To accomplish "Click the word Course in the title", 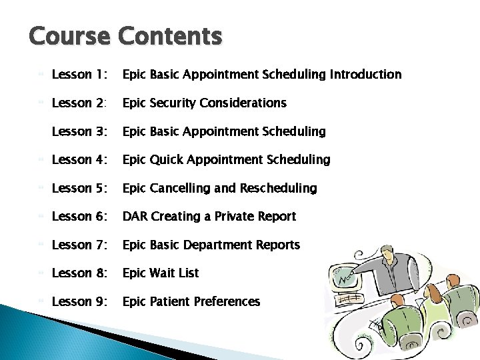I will pyautogui.click(x=69, y=36).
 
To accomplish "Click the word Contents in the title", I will pyautogui.click(x=169, y=36).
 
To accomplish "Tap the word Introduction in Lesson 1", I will pyautogui.click(x=365, y=75).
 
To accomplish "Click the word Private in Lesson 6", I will pyautogui.click(x=235, y=217).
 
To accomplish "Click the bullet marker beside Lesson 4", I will pyautogui.click(x=42, y=160).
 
